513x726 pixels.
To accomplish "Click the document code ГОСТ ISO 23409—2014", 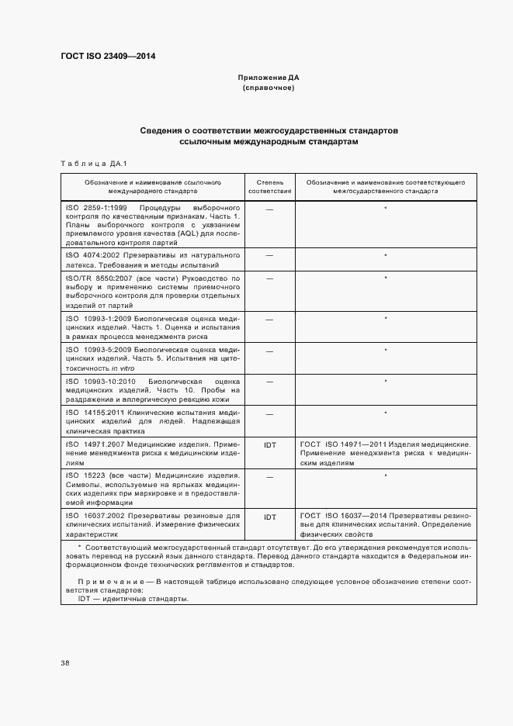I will [x=108, y=56].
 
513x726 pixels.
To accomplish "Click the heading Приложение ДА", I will [x=269, y=78].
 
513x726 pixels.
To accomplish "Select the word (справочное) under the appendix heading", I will [x=269, y=88].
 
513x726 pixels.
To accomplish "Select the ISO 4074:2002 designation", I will [x=94, y=254].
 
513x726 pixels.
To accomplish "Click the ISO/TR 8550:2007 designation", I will [x=99, y=277].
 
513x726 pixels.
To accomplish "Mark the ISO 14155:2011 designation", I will [x=96, y=413].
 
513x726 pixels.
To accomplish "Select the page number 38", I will [x=65, y=662].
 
